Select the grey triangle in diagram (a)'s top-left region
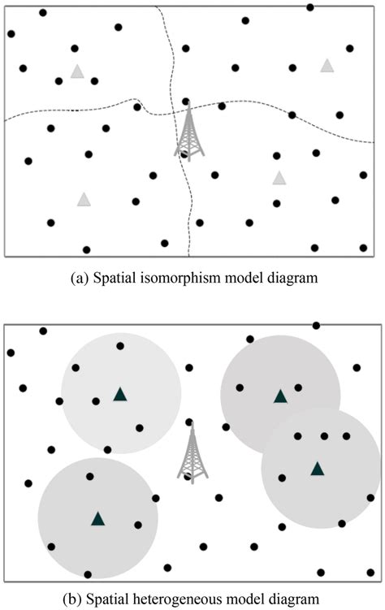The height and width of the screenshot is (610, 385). click(x=77, y=71)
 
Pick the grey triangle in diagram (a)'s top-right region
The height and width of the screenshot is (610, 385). click(x=327, y=65)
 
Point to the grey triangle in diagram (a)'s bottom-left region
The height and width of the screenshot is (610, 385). click(x=83, y=199)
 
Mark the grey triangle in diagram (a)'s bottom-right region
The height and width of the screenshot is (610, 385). click(x=279, y=178)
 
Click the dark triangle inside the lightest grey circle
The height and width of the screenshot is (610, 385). click(x=120, y=395)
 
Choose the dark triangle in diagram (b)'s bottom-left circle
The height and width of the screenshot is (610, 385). click(x=97, y=518)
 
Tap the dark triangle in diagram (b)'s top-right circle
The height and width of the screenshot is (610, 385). click(x=279, y=396)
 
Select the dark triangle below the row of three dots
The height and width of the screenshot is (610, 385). click(x=317, y=468)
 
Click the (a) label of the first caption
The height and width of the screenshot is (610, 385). click(x=80, y=278)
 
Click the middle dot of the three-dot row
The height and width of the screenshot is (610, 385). click(x=324, y=436)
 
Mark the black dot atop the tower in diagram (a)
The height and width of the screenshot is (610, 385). click(x=186, y=101)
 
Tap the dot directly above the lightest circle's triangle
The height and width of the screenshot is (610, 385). click(x=120, y=347)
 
